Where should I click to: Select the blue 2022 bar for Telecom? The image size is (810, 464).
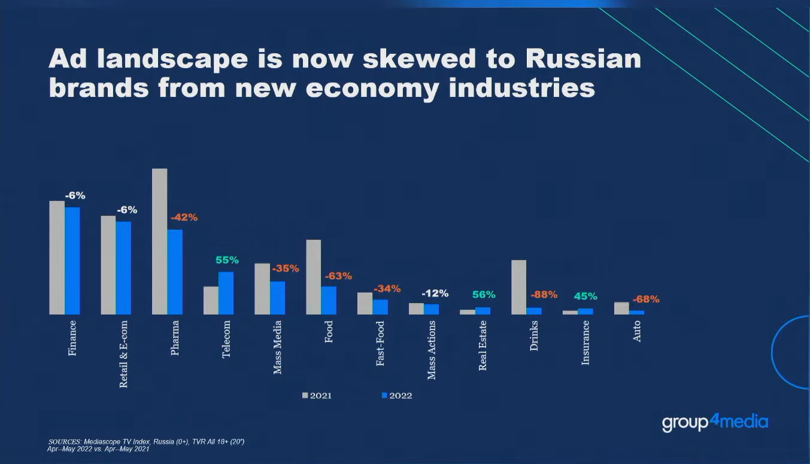coord(226,293)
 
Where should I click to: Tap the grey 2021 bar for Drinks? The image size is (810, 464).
coord(518,287)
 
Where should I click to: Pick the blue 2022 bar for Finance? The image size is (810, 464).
coord(72,261)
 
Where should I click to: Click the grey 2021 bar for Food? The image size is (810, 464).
coord(313,277)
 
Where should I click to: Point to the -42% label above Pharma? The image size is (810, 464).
coord(184,218)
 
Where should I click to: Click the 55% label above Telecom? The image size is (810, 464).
coord(227,260)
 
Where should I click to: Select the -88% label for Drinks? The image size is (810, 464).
coord(544,295)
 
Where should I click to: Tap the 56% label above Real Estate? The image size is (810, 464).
coord(484,295)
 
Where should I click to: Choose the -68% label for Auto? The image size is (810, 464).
coord(646,299)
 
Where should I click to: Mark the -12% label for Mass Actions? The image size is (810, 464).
coord(435,294)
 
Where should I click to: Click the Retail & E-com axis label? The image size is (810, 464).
coord(124,354)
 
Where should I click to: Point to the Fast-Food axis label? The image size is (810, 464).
coord(380,343)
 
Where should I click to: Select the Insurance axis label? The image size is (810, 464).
coord(585,343)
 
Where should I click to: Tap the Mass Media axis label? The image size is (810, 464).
coord(278,347)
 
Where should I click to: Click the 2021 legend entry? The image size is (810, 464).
coord(317,396)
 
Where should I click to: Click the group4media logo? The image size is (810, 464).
coord(715,422)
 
